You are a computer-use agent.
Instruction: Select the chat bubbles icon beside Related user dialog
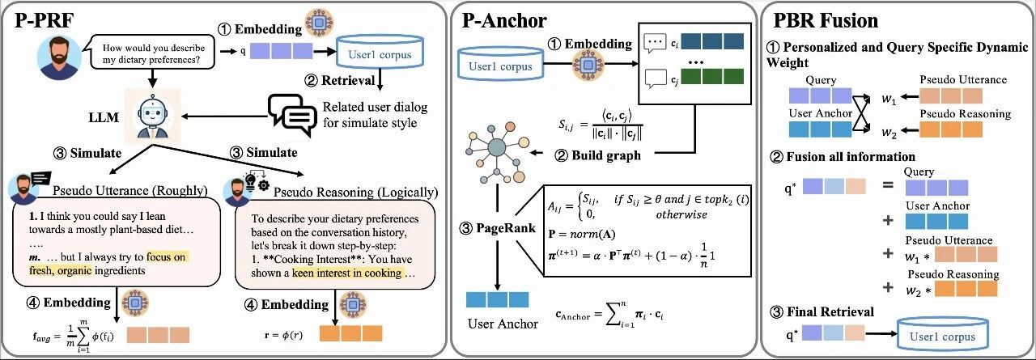point(290,115)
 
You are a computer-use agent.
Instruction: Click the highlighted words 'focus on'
point(168,257)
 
